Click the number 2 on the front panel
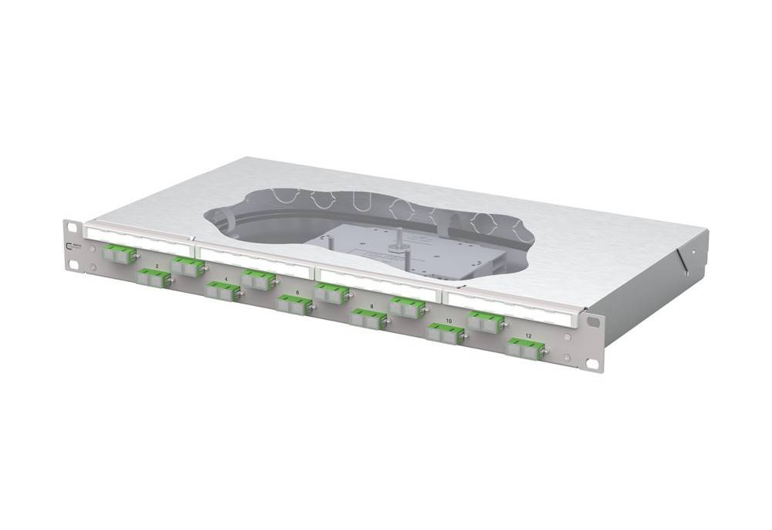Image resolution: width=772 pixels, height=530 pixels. coord(157,266)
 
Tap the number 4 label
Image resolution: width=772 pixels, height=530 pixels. coord(225,278)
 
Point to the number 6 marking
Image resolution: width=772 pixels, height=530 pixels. coord(297,293)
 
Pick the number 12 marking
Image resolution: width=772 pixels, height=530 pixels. coord(528,335)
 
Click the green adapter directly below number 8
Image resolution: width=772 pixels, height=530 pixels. coord(367,318)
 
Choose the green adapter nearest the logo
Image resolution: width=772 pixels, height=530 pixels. coord(117,252)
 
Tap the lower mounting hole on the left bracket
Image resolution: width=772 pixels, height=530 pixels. coord(73,264)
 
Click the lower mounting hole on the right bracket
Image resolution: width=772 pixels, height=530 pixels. coord(592,362)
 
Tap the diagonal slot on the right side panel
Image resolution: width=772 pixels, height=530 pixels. coord(680,259)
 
